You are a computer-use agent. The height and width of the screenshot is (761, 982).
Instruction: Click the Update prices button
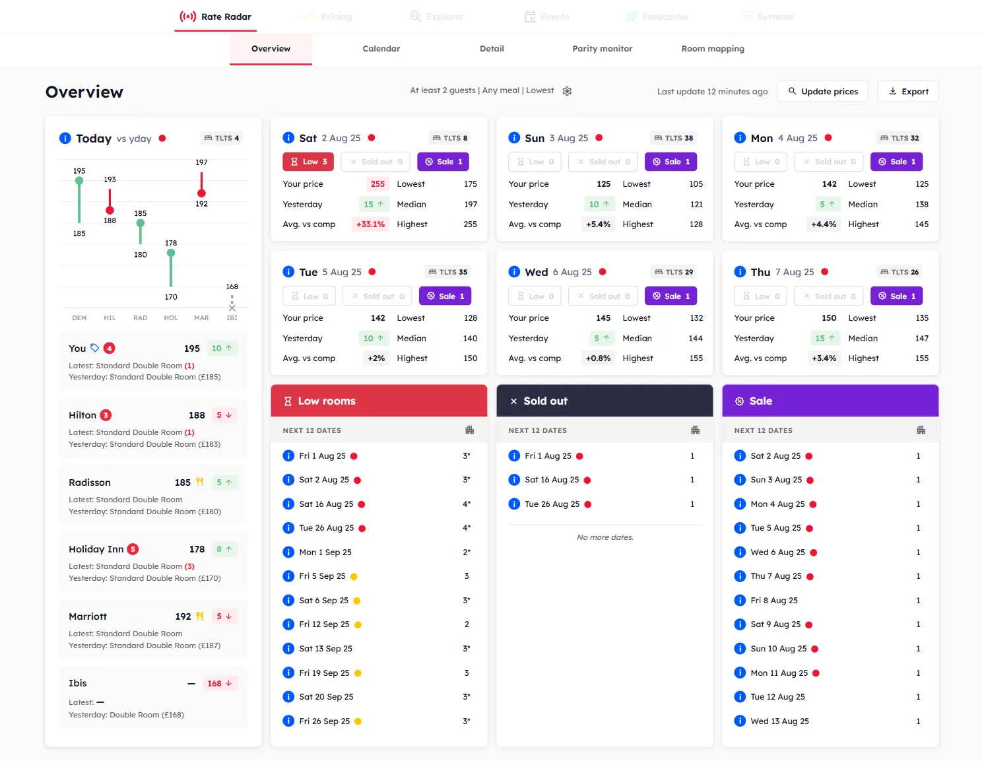[822, 92]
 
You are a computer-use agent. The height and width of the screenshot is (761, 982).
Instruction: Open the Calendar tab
[381, 49]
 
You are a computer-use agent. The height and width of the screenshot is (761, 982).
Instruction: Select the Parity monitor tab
[602, 49]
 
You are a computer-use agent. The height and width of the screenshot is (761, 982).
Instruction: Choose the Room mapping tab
[712, 49]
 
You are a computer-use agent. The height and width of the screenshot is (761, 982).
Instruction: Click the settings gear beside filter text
[567, 91]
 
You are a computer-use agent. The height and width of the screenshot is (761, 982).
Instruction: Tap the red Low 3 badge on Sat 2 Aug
[308, 162]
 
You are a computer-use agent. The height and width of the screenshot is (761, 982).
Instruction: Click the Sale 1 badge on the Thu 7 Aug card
[896, 296]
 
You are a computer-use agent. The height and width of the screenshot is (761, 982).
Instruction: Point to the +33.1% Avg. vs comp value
[370, 224]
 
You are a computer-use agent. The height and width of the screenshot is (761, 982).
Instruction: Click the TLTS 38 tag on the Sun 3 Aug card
[673, 138]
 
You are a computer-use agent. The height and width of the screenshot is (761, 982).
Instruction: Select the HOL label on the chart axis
[171, 318]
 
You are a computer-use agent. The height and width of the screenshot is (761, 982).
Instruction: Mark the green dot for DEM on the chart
[79, 181]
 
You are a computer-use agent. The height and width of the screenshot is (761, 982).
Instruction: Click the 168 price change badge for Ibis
[219, 684]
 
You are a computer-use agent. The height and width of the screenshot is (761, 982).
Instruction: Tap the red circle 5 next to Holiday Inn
[133, 549]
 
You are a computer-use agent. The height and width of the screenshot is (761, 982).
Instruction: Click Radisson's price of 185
[183, 482]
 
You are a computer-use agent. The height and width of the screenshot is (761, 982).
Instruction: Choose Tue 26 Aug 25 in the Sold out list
[552, 504]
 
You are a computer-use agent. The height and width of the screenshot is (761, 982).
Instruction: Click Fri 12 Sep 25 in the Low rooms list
[324, 624]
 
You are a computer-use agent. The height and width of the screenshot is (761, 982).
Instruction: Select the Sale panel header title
[760, 401]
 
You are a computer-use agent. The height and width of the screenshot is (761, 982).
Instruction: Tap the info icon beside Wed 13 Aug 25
[740, 721]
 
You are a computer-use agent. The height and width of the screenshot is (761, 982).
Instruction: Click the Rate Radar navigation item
[216, 17]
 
